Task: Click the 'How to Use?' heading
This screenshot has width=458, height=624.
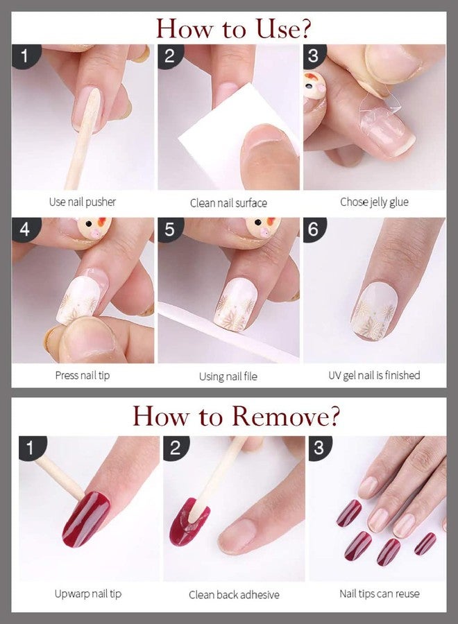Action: click(x=233, y=28)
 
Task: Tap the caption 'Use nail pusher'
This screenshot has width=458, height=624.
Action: click(x=83, y=202)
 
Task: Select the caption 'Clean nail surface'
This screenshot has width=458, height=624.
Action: click(x=228, y=203)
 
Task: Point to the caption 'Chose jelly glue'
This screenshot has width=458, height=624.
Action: click(x=374, y=202)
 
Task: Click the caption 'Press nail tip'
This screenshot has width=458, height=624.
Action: click(x=83, y=375)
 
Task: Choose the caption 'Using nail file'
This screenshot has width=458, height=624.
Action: click(x=228, y=376)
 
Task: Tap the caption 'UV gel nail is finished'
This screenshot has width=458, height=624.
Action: click(x=374, y=375)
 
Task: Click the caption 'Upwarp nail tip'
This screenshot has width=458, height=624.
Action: click(x=88, y=593)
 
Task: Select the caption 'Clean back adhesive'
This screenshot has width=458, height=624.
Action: click(x=234, y=595)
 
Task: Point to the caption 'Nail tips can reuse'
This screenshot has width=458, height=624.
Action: click(x=379, y=593)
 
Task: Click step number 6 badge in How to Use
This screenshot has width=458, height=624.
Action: click(x=314, y=229)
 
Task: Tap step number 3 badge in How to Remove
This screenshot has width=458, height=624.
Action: click(x=319, y=448)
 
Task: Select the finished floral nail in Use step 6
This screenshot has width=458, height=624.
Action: click(x=373, y=311)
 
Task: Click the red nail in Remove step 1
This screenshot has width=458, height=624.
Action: click(x=85, y=519)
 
